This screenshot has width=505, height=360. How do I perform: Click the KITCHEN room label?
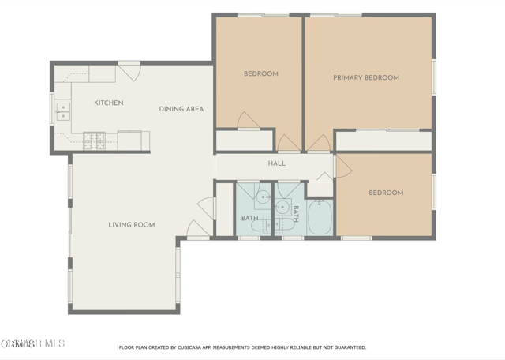pos(108,103)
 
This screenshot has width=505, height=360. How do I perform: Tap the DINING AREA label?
pos(181,109)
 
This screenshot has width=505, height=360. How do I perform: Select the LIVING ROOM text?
pos(132,225)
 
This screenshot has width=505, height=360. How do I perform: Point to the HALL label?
pos(277,163)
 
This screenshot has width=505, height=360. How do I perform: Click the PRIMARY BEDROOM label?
pos(365,78)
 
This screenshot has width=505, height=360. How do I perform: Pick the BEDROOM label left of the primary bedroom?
pos(260,74)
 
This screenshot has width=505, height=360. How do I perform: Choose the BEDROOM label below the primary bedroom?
pos(386,193)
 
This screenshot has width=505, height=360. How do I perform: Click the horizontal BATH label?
pos(249,218)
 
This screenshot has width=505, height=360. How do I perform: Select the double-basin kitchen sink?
pos(62,111)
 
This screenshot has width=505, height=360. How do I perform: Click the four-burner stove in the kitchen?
pos(95,141)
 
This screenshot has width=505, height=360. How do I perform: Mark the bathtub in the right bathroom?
pos(320,218)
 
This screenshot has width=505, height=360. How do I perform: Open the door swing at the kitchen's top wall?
pos(129,71)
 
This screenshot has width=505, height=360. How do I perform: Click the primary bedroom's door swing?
pos(319,143)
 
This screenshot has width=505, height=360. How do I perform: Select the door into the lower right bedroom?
pos(341,166)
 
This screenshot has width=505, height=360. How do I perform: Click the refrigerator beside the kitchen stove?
pos(129,141)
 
